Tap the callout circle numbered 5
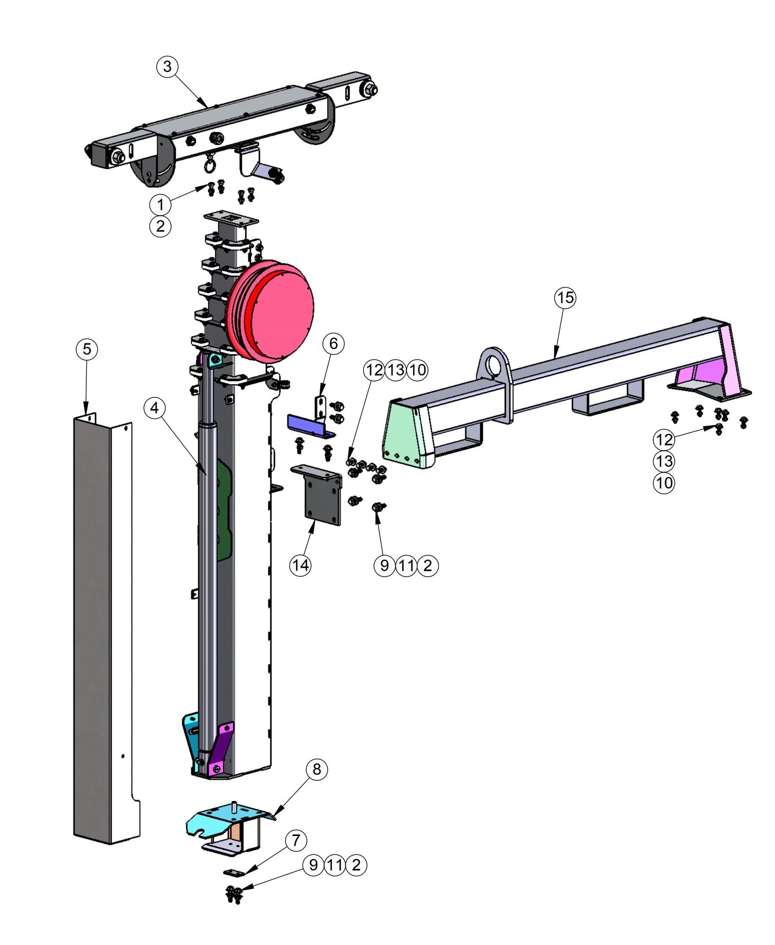pos(86,349)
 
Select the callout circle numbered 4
pos(154,408)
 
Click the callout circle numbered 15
pos(565,297)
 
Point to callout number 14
pos(300,565)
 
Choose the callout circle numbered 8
pos(316,769)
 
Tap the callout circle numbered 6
pos(333,343)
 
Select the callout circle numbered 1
pos(160,204)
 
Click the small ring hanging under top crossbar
pos(209,165)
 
